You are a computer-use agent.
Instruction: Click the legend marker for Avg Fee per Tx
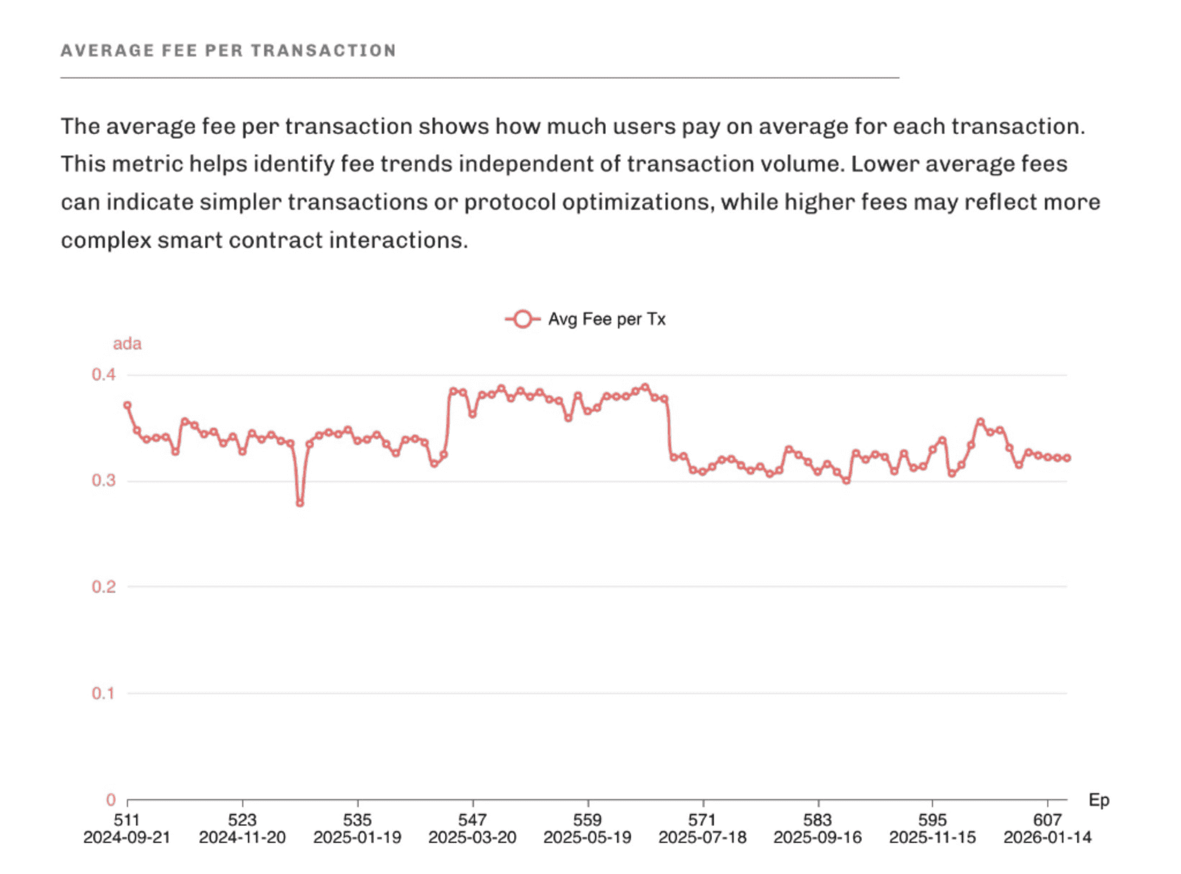[522, 319]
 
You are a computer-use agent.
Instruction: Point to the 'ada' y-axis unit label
[127, 344]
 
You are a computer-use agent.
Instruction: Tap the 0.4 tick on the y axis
[104, 375]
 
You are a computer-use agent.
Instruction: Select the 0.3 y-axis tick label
[104, 481]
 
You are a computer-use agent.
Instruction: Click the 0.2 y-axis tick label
[104, 587]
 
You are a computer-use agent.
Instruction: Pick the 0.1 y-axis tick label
[104, 693]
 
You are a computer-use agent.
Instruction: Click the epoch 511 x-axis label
[127, 819]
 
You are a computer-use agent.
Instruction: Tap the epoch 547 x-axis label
[472, 819]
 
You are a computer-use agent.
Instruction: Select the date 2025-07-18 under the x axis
[702, 837]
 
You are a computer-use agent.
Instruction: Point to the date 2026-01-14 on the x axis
[1047, 837]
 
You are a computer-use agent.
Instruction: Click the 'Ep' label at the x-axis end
[1099, 800]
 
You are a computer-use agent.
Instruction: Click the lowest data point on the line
[300, 503]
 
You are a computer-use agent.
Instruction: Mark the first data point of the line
[127, 405]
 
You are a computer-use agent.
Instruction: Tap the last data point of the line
[1067, 458]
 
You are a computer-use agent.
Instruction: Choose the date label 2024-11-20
[242, 837]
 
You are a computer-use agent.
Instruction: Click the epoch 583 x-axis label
[817, 819]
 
